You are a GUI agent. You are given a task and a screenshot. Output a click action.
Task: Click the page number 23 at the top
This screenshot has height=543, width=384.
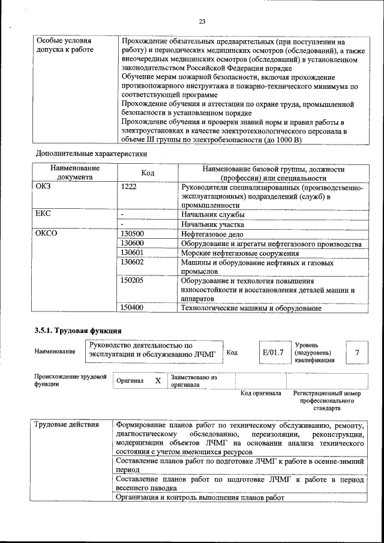point(202,22)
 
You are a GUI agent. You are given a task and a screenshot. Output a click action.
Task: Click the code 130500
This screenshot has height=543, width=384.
point(132,234)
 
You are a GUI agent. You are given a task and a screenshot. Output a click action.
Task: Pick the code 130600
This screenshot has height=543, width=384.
point(132,244)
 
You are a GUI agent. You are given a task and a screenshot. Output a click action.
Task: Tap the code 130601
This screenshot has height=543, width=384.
point(132,253)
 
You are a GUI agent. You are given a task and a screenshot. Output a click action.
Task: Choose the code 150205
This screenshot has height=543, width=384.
point(132,280)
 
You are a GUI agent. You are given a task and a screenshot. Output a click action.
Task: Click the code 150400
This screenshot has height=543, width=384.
point(132,308)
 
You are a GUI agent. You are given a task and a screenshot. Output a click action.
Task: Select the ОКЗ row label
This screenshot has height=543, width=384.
point(46,187)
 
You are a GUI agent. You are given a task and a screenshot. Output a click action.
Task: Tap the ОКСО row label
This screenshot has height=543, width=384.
point(47,234)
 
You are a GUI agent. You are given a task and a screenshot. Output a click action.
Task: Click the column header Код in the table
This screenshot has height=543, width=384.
point(149,173)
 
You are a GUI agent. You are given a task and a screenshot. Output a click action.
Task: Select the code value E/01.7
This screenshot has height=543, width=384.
point(272,352)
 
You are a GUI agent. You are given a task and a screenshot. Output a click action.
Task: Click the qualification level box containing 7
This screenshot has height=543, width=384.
point(358,352)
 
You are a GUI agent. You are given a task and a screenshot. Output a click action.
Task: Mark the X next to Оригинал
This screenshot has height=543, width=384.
point(158,381)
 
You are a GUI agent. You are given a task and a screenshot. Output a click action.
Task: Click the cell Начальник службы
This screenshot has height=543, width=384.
point(212,214)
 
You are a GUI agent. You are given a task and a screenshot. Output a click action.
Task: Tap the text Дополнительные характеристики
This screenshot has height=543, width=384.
point(91,154)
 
